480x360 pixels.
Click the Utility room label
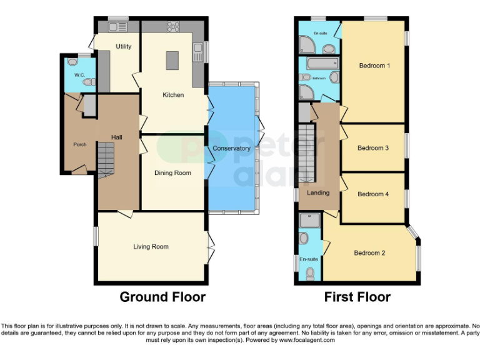point(123,46)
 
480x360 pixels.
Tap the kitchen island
point(172,61)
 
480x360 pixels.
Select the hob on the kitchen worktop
point(173,26)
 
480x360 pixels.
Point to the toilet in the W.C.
point(89,81)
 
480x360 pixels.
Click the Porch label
point(79,144)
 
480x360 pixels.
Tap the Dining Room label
point(173,172)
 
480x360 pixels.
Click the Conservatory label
point(231,148)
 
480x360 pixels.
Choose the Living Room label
point(151,247)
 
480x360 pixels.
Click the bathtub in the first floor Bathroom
point(319,63)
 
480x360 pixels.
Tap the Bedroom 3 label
point(373,148)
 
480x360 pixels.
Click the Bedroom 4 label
point(373,194)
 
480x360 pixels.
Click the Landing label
point(317,193)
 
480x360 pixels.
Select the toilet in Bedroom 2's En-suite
point(311,273)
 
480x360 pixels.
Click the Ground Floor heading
point(162,297)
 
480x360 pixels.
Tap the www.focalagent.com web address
point(306,340)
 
